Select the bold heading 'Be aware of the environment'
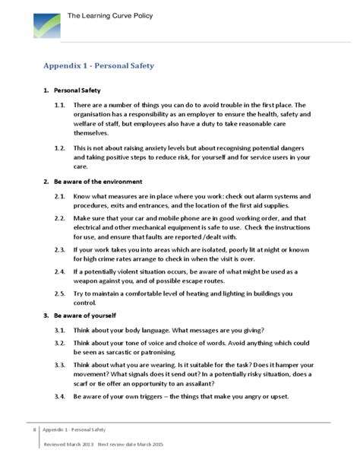coord(97,182)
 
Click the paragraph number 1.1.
coord(59,105)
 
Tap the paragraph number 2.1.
coord(59,196)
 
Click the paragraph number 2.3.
coord(59,249)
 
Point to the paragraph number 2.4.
coord(59,271)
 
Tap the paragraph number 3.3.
coord(59,365)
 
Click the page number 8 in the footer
coord(34,430)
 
